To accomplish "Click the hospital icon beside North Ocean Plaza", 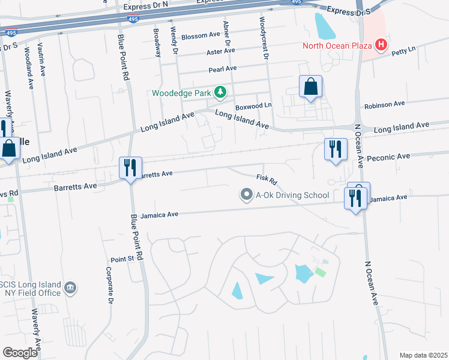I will [x=380, y=44].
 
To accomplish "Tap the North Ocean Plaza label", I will [x=337, y=45].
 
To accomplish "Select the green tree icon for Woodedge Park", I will [x=221, y=92].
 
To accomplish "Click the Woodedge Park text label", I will [x=181, y=93].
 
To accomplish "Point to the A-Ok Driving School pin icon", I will [x=246, y=194].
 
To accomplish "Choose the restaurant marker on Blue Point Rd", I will [x=130, y=167].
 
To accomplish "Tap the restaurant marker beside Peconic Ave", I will [x=335, y=148].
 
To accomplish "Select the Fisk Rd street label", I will [x=266, y=179].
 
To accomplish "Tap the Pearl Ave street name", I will [x=223, y=69].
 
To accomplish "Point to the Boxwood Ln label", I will [x=253, y=106].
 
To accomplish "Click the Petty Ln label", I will [x=403, y=53].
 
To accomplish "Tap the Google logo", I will [x=20, y=353].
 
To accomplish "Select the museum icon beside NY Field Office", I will [x=70, y=289].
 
